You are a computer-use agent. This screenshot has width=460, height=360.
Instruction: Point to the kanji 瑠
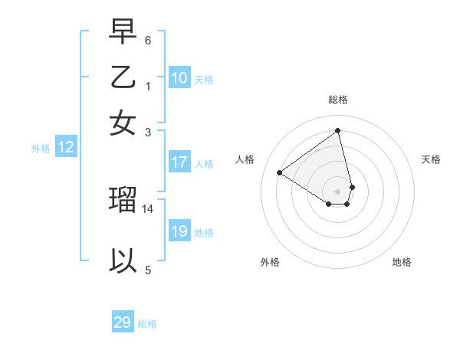point(123,199)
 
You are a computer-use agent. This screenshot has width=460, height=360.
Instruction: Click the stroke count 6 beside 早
point(148,40)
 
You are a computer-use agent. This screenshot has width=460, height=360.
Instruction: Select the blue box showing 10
point(179,77)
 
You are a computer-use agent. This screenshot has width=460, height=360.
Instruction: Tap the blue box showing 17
point(179,162)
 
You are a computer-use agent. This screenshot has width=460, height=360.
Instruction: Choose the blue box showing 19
point(179,231)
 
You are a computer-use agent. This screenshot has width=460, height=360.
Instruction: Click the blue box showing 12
point(66,148)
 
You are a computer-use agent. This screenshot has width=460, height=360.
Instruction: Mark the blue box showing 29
point(123,322)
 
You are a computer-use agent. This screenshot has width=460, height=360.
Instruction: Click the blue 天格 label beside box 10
point(204,79)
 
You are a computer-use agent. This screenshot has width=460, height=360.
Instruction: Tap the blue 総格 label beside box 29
point(147,324)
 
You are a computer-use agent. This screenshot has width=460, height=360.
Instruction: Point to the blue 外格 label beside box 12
point(41,149)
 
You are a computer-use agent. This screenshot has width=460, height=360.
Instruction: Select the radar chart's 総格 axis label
point(338,100)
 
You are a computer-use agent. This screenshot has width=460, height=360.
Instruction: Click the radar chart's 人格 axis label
point(245,159)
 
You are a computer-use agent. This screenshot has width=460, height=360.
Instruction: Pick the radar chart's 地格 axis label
point(402,262)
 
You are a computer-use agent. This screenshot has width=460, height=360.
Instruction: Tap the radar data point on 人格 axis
point(280,172)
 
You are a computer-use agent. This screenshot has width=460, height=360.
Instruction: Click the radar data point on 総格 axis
point(338,130)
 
